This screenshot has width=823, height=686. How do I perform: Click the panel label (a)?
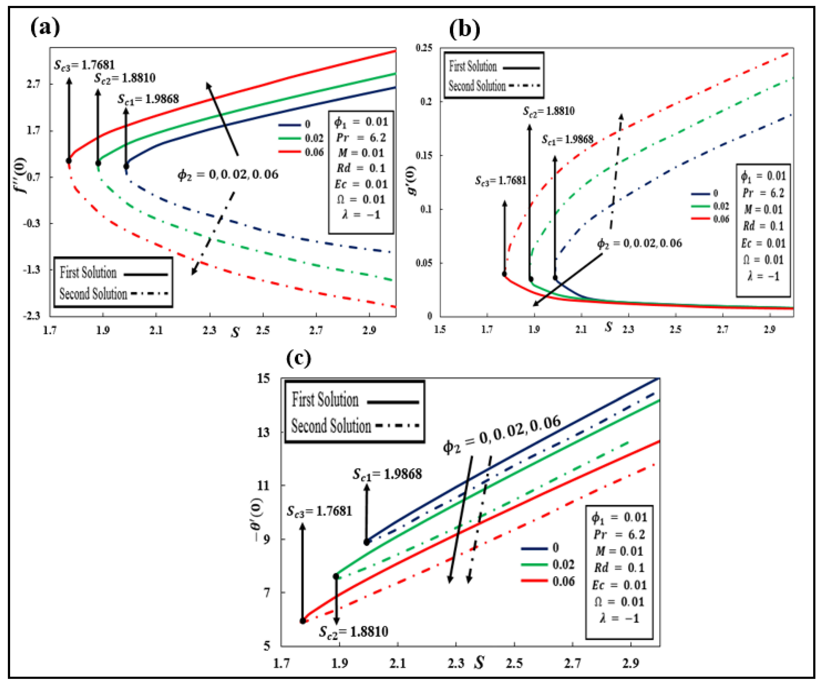click(x=45, y=27)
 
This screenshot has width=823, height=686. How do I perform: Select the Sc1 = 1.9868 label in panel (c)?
click(x=387, y=474)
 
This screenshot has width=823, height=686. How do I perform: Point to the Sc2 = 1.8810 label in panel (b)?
click(x=549, y=111)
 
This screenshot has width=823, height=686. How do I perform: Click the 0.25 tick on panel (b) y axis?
click(x=424, y=48)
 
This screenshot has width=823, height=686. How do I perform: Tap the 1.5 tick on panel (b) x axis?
click(x=440, y=329)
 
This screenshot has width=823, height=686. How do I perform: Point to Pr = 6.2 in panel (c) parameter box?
click(x=619, y=534)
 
